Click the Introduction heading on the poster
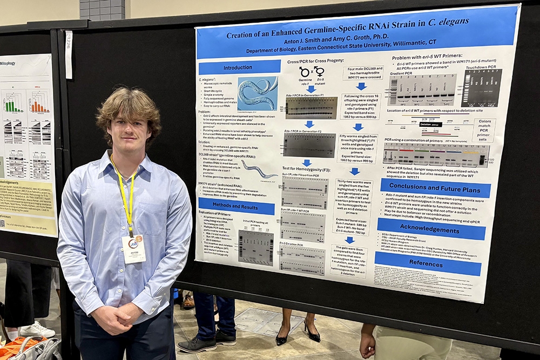coord(238,68)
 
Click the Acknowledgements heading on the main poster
coord(431,229)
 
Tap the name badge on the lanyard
coord(133,249)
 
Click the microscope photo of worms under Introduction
coord(258,93)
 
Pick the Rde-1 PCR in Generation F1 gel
coord(310,107)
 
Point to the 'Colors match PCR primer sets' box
coord(483,130)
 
